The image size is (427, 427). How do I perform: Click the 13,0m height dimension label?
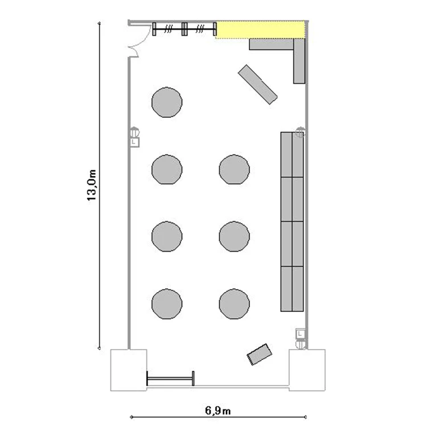(x=92, y=185)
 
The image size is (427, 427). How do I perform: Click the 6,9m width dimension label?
(x=218, y=410)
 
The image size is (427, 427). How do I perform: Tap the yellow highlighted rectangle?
(x=260, y=30)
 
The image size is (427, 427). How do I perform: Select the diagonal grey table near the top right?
(x=257, y=84)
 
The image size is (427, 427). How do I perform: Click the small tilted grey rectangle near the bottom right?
(x=259, y=354)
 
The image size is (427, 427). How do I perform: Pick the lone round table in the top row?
(x=167, y=102)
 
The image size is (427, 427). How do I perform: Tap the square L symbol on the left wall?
(x=134, y=142)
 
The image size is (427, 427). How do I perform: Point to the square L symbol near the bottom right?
(x=301, y=334)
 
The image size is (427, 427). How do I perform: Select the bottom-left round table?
(x=167, y=303)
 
